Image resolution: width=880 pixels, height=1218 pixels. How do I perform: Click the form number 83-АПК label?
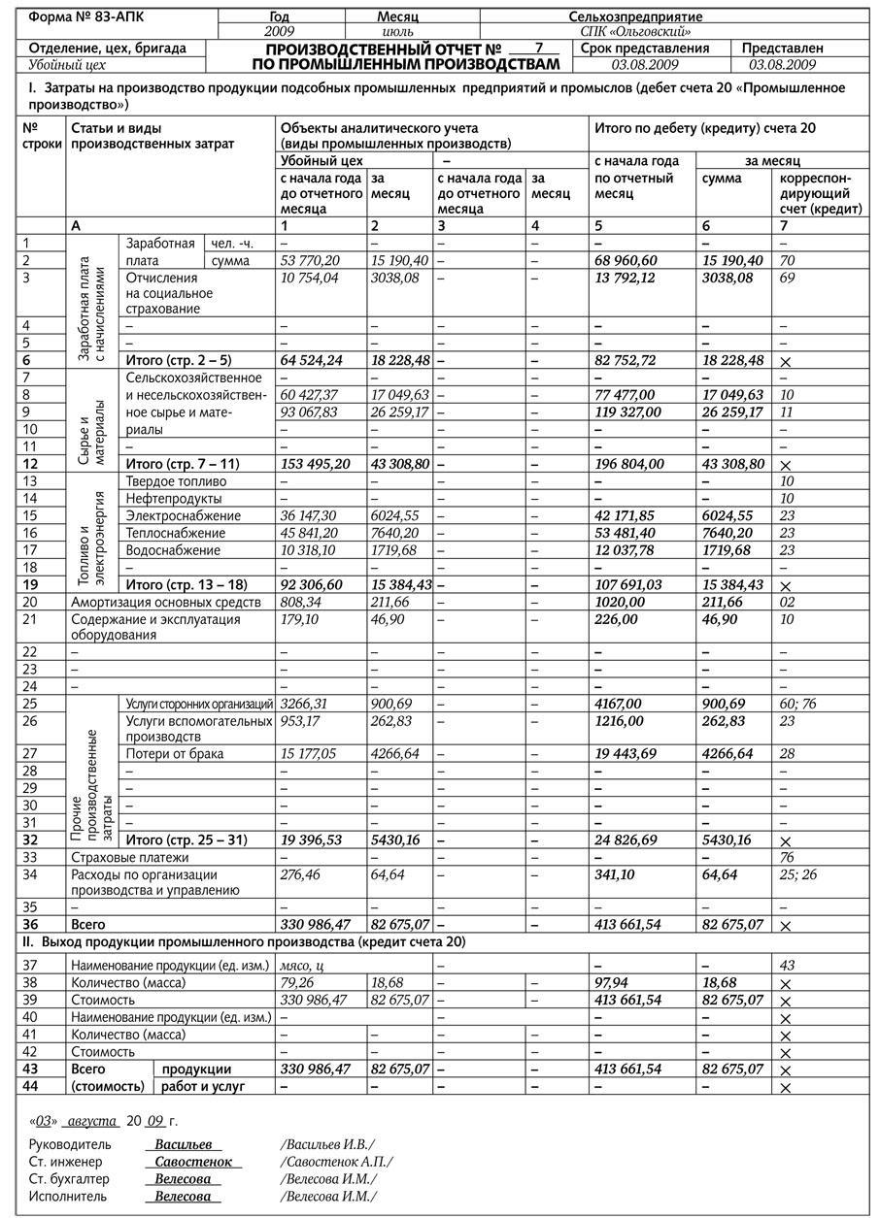click(x=86, y=16)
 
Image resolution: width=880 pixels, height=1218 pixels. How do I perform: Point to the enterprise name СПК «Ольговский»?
click(x=649, y=31)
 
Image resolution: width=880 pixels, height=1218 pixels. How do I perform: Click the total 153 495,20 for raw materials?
click(x=318, y=464)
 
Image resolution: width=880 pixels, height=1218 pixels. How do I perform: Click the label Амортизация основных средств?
click(x=167, y=602)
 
